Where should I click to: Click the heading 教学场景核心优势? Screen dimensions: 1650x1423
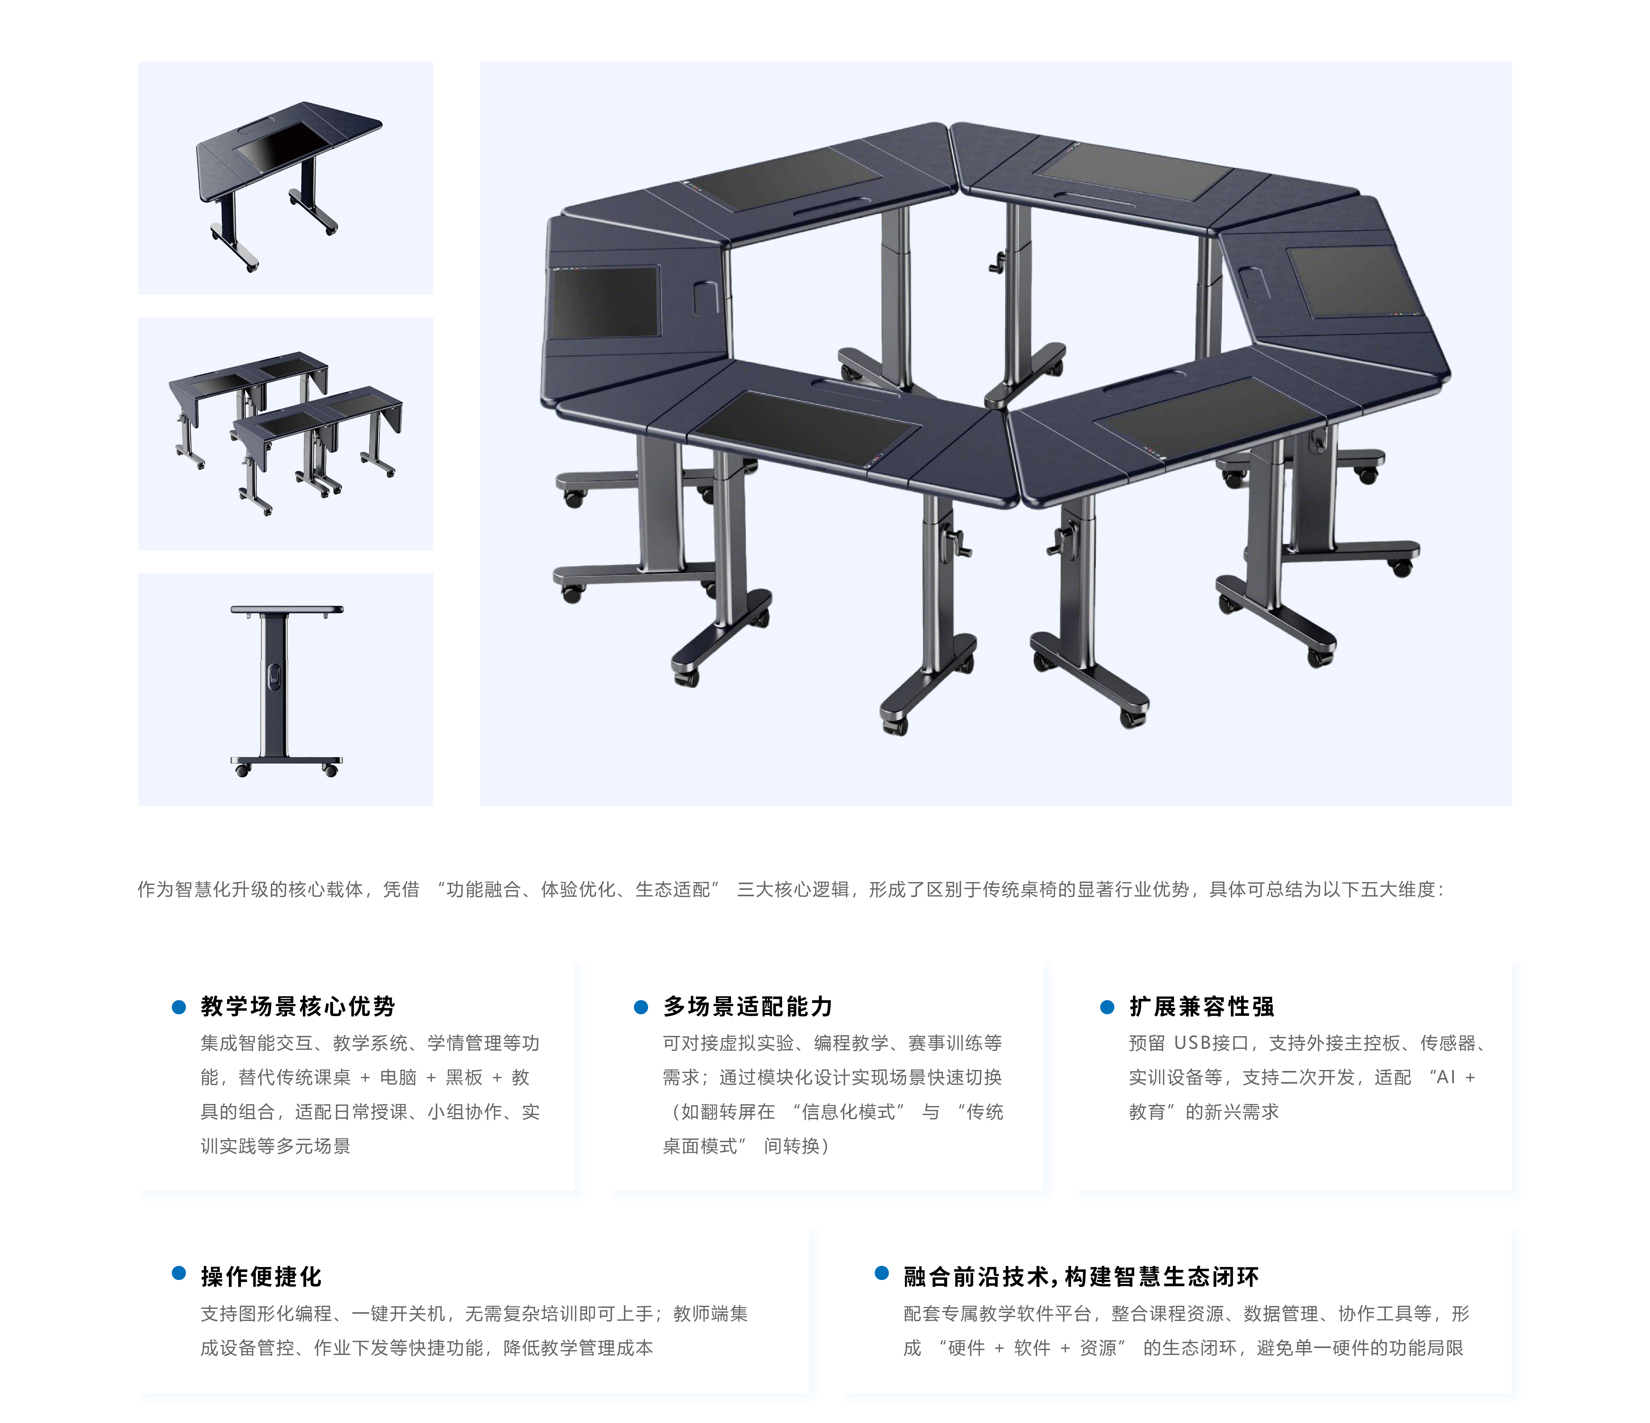pos(298,1007)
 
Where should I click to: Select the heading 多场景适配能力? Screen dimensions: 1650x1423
pos(748,1007)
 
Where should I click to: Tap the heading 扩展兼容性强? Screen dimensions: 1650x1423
pos(1202,1007)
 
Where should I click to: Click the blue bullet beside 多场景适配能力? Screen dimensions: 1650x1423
pos(641,1007)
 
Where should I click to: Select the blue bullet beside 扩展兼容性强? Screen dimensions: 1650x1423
pos(1107,1007)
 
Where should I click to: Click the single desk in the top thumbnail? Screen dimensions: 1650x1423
pos(288,183)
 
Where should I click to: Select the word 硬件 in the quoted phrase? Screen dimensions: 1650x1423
pos(966,1348)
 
